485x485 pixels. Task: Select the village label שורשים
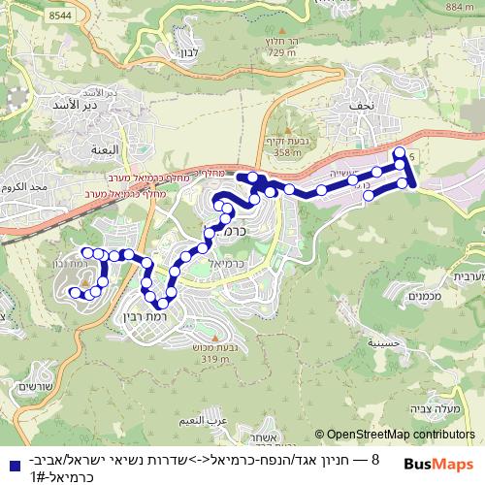pos(35,386)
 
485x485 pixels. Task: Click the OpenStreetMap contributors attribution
pos(401,436)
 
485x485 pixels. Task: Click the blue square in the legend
pos(10,466)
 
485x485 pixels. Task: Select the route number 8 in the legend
pos(374,458)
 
